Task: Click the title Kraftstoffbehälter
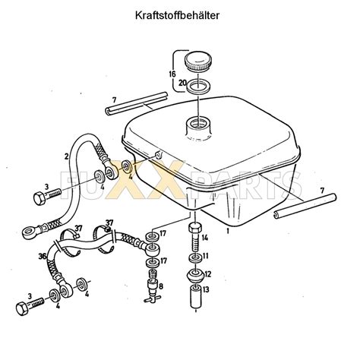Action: coord(177,15)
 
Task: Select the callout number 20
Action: coord(182,83)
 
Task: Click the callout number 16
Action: coord(172,74)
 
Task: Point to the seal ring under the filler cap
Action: coord(199,86)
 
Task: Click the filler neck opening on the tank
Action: coord(199,124)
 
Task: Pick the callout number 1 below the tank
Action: coord(228,231)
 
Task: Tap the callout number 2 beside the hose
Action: coord(66,156)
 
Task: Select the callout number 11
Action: coord(206,255)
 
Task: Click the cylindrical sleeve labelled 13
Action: coord(196,297)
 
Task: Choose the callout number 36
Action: coord(42,256)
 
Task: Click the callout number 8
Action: coord(161,286)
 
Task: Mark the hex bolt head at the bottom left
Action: coord(23,308)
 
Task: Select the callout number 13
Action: coord(206,289)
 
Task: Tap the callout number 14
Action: coord(205,238)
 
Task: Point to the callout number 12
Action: coord(207,273)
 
